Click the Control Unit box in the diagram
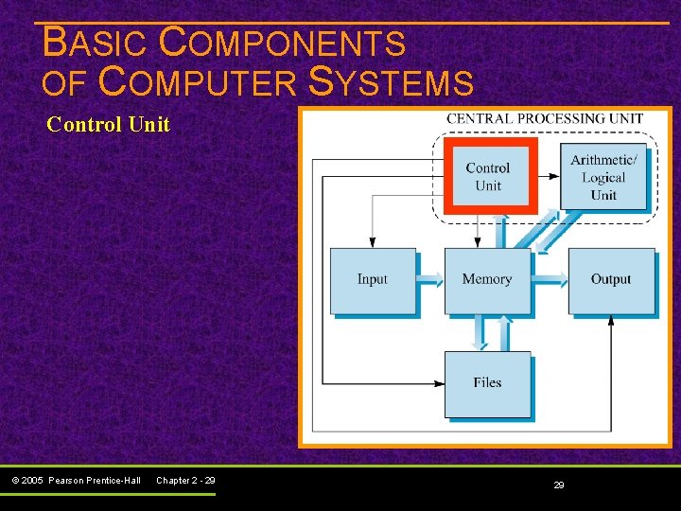click(488, 176)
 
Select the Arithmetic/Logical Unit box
click(603, 177)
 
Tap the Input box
click(373, 280)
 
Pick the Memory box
click(487, 280)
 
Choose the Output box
click(611, 280)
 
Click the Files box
click(487, 383)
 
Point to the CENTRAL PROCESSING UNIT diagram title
click(545, 119)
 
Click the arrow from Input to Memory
click(430, 279)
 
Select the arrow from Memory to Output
click(550, 279)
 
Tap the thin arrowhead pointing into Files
click(439, 383)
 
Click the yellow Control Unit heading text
click(108, 124)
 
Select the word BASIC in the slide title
click(95, 43)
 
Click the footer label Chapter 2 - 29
click(185, 481)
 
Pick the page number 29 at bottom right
click(559, 485)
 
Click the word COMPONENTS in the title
click(282, 43)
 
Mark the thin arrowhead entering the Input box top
click(373, 242)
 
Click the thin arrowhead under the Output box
click(611, 321)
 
